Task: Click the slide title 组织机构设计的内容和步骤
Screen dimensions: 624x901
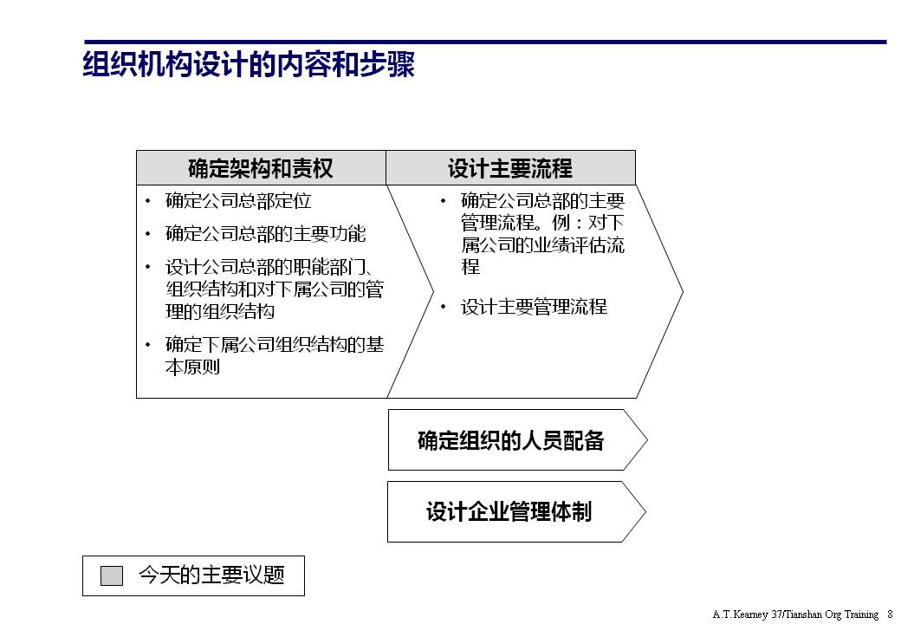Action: coord(249,66)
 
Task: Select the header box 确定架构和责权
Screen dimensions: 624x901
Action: coord(261,167)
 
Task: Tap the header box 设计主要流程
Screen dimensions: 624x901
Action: coord(510,167)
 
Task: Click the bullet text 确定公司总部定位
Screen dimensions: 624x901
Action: coord(238,201)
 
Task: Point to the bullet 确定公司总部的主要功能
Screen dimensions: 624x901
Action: coord(266,234)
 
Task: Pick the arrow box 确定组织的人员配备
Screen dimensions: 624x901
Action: coord(511,440)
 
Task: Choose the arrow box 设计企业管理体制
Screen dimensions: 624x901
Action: coord(509,511)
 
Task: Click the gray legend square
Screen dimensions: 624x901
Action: coord(112,575)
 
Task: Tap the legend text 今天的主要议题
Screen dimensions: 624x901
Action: coord(211,575)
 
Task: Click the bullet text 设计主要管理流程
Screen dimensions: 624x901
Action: coord(534,307)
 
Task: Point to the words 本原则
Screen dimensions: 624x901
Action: coord(193,367)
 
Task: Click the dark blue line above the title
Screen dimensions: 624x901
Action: coord(485,42)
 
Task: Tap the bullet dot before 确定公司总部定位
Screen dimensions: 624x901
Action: coord(148,202)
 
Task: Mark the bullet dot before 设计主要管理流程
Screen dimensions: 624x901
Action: coord(443,307)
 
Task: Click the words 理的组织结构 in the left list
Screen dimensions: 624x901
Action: coord(220,312)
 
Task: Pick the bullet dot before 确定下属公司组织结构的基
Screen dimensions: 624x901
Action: coord(148,345)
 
